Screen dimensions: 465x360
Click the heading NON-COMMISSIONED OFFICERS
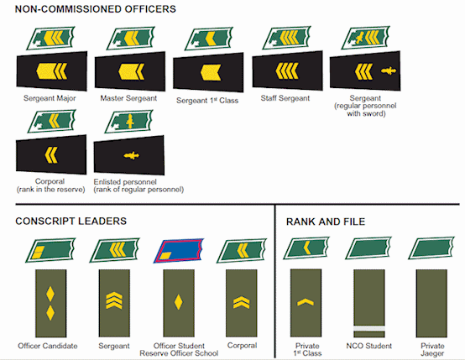click(x=95, y=9)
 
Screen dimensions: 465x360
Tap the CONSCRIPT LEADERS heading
click(x=71, y=222)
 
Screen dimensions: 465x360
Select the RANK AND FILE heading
click(x=326, y=222)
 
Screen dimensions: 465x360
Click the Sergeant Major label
click(x=50, y=98)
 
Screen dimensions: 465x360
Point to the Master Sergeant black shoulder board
click(x=130, y=71)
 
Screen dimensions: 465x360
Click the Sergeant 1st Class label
click(x=207, y=100)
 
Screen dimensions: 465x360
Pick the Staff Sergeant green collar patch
click(x=286, y=38)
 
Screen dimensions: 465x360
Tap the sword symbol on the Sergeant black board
click(x=389, y=70)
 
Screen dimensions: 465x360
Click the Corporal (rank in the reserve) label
click(x=50, y=185)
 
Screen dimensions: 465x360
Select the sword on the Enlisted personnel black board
click(x=132, y=155)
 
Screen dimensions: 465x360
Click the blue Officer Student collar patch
click(x=179, y=251)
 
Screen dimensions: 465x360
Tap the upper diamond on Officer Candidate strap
click(x=50, y=294)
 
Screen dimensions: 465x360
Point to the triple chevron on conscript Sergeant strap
click(x=114, y=300)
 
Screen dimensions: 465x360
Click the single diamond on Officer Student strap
click(x=178, y=302)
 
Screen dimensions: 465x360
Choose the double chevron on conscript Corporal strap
click(x=242, y=302)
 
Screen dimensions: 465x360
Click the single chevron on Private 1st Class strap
click(x=306, y=302)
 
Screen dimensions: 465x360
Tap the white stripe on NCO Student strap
click(x=369, y=329)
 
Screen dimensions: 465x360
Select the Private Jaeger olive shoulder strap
click(x=431, y=303)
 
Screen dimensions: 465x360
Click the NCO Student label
click(x=369, y=346)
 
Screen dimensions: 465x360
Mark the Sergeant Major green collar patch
click(x=50, y=38)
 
